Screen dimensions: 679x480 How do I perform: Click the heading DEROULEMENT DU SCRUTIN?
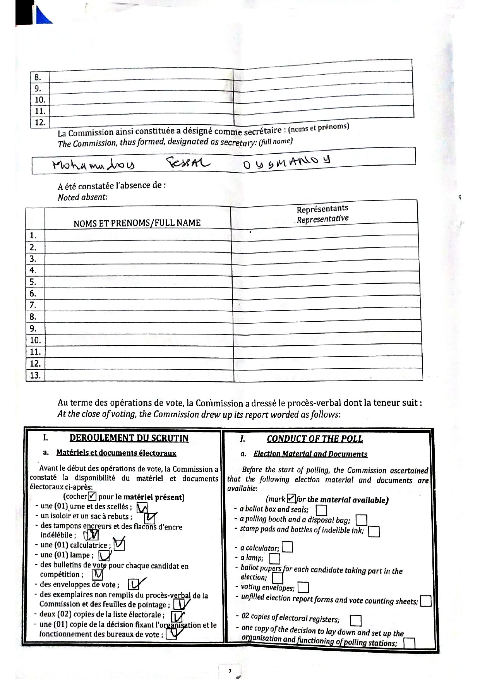[129, 438]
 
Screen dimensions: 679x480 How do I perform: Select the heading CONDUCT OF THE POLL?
[314, 439]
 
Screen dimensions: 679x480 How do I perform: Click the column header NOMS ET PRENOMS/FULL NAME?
[137, 223]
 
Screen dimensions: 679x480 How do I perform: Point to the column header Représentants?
[322, 209]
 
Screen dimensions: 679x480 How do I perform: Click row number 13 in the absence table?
[35, 375]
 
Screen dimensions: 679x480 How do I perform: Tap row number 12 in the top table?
[40, 123]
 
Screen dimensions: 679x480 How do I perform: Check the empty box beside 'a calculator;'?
[287, 547]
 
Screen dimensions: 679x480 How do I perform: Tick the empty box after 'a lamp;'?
[274, 558]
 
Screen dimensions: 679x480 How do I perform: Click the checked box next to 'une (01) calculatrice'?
[119, 544]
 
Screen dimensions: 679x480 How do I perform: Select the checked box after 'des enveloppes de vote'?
[134, 584]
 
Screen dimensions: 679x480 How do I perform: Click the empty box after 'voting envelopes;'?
[303, 588]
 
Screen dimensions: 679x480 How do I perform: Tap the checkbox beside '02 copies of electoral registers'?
[355, 620]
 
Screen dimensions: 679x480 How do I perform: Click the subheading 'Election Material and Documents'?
[310, 454]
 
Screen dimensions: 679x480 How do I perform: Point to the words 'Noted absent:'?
[82, 197]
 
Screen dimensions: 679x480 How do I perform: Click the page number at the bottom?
[230, 671]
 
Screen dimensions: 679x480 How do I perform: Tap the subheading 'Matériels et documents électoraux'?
[116, 453]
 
